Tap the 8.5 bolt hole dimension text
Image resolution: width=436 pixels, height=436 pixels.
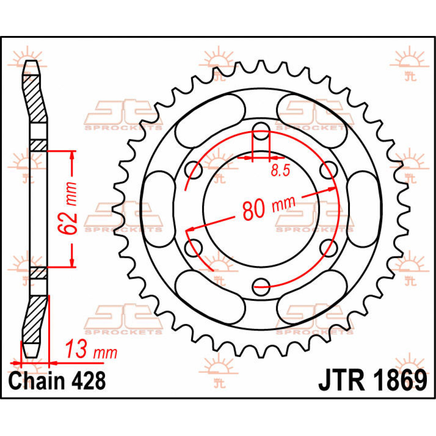280,170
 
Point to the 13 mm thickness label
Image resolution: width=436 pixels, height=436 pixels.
91,350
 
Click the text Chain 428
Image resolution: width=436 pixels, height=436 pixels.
57,381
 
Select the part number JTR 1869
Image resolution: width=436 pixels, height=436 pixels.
372,381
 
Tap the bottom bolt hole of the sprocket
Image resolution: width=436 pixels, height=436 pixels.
261,286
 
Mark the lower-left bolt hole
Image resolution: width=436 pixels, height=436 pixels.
193,248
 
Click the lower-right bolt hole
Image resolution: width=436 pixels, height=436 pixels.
327,248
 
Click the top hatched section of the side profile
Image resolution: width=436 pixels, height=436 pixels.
35,98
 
